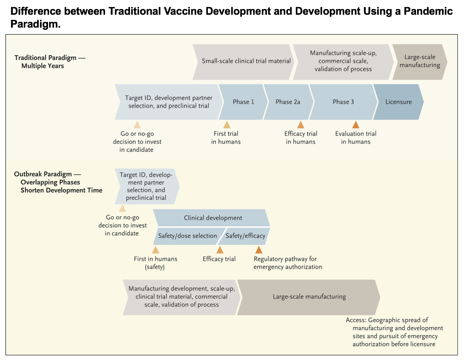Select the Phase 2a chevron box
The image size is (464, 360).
[288, 102]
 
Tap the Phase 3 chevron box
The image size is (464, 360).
[343, 102]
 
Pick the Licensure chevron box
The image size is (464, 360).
[399, 102]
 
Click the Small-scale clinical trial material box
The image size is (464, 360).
[246, 61]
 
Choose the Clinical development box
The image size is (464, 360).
[213, 218]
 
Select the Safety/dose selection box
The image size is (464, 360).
[187, 236]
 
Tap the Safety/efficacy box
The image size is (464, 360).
[246, 236]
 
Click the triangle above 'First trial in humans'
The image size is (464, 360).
[227, 125]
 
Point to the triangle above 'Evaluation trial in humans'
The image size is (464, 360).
[356, 125]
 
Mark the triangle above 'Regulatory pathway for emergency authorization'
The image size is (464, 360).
[259, 250]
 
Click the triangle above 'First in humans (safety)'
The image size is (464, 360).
[155, 250]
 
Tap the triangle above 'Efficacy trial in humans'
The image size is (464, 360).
[301, 125]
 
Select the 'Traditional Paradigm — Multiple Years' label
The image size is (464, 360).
[50, 62]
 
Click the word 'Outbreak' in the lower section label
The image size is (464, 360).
[28, 174]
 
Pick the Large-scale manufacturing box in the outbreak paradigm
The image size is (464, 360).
[309, 296]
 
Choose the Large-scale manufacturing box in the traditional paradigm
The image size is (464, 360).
[420, 61]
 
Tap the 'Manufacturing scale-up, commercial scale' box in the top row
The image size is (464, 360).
[343, 61]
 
